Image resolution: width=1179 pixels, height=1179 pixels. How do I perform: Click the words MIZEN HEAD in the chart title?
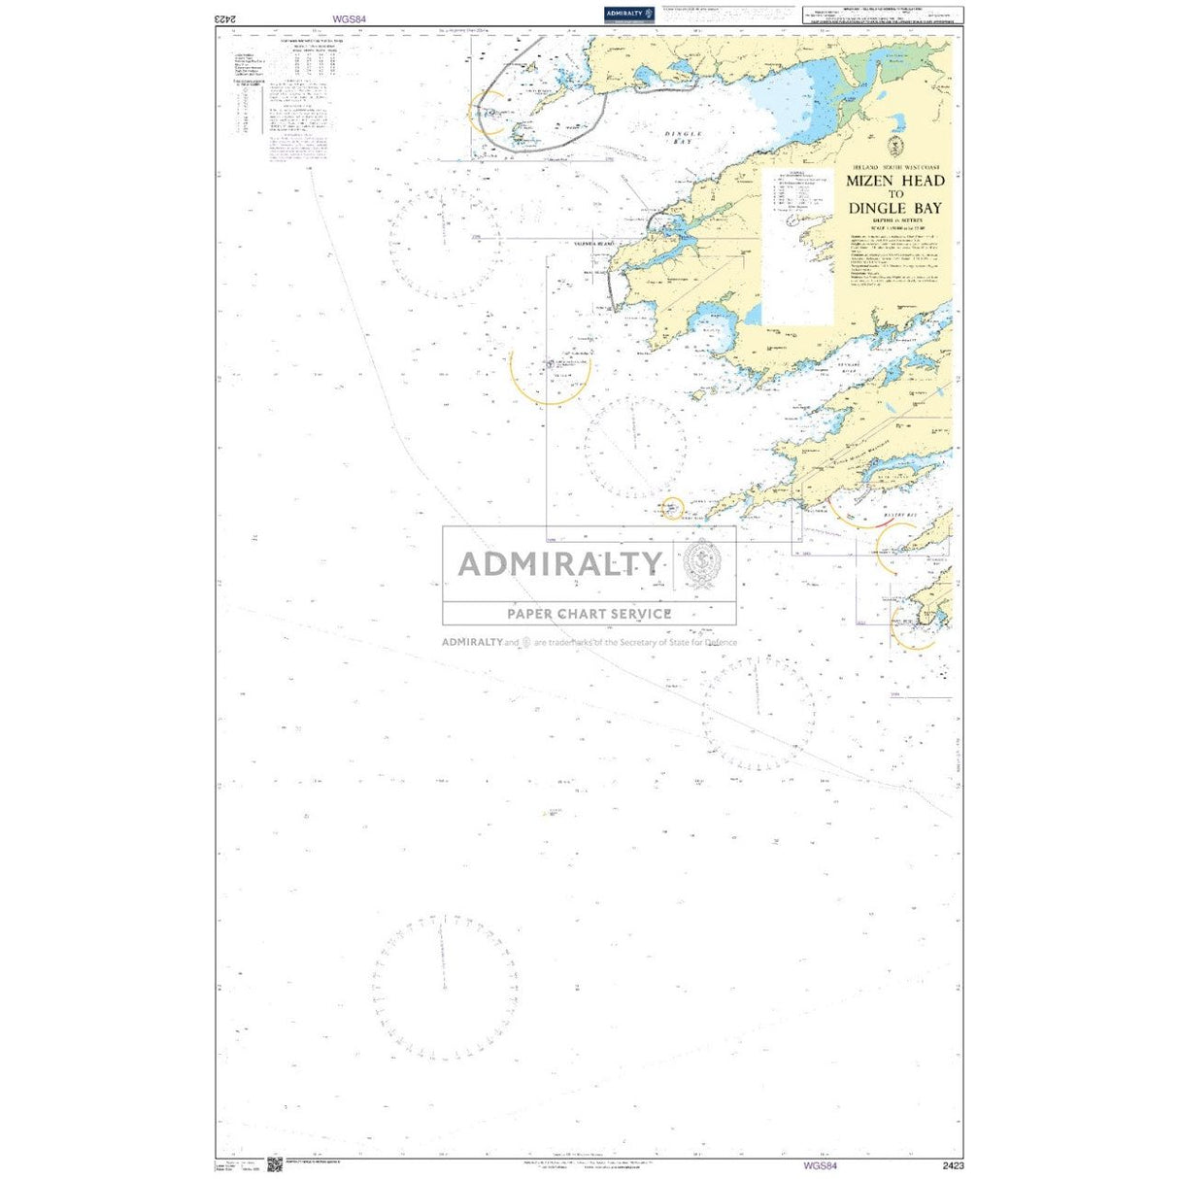pos(894,181)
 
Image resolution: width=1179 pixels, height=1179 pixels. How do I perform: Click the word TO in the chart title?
pos(894,194)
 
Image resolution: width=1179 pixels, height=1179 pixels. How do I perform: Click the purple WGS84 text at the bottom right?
pos(820,1165)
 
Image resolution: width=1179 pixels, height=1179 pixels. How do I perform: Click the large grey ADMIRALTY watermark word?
pos(560,563)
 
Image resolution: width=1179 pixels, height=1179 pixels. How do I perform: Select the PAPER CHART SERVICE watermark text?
pos(589,613)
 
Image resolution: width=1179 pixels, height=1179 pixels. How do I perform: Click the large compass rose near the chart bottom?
pos(444,986)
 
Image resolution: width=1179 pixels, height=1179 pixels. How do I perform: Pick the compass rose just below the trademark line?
pos(758,713)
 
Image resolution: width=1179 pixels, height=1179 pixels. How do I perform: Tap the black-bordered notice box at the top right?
pos(882,15)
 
